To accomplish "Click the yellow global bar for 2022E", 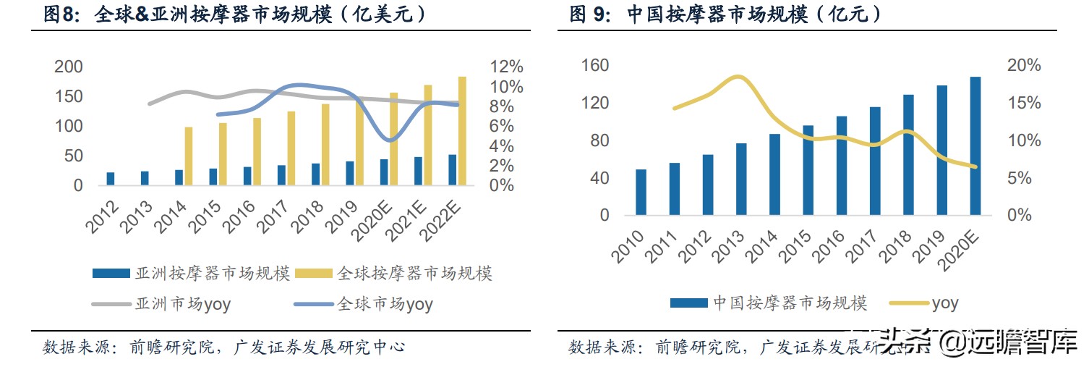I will coord(462,131).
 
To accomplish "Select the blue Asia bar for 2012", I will coord(110,179).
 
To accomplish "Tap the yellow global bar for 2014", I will coord(189,156).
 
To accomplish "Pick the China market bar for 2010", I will coord(641,193).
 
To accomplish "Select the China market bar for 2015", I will coord(808,171).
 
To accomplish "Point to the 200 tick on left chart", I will coord(69,67).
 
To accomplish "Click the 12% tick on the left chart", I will coord(506,67).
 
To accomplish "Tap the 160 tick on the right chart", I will coord(594,66).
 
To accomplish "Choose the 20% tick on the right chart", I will coord(1025,66).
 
